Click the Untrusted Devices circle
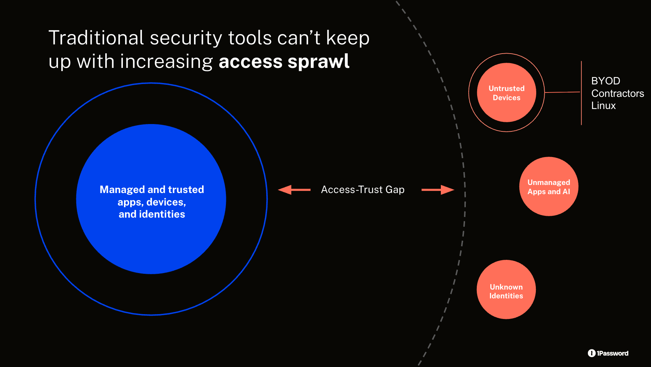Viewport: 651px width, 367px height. (x=506, y=92)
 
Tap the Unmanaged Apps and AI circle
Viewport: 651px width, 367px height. (x=549, y=186)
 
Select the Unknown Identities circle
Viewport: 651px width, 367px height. (x=506, y=290)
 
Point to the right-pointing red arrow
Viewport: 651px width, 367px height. (x=438, y=190)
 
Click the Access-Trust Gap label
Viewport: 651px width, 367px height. (x=363, y=190)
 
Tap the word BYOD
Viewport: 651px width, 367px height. (x=606, y=81)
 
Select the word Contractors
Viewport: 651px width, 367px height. (x=618, y=94)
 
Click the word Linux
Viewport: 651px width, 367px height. (x=603, y=106)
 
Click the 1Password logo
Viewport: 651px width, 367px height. (x=608, y=353)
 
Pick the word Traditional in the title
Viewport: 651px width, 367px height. (x=96, y=38)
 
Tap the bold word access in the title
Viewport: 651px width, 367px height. (x=250, y=62)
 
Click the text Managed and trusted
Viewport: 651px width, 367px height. (x=152, y=189)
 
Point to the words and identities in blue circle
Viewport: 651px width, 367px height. (x=152, y=214)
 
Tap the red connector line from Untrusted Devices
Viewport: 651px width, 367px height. (x=562, y=92)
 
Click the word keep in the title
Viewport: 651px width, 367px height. (x=348, y=38)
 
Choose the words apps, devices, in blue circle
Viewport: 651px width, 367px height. (x=152, y=202)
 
